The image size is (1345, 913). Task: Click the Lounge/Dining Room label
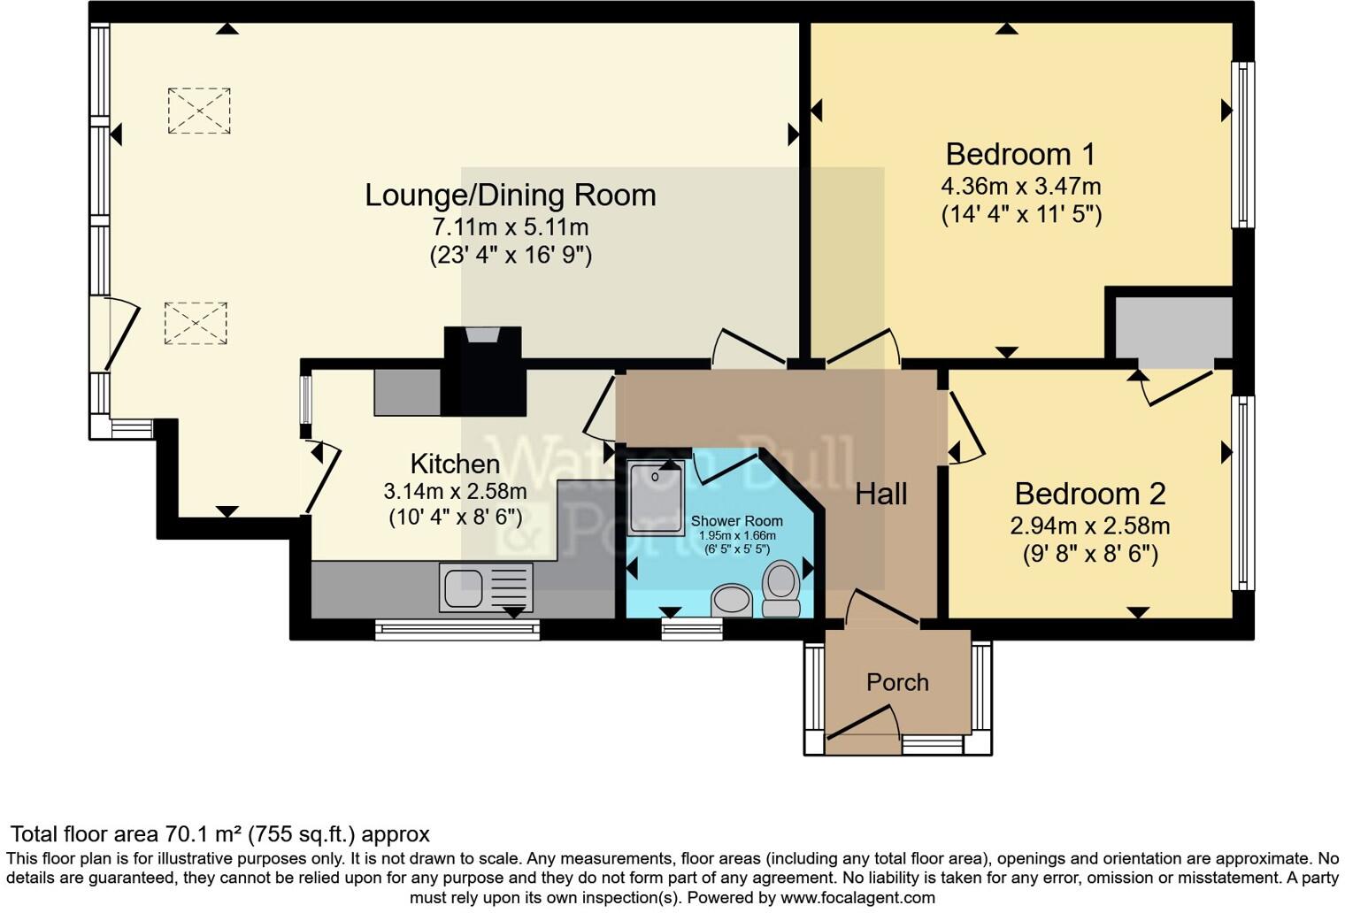511,196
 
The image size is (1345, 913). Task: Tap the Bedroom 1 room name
1020,155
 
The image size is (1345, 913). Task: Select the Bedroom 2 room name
1089,494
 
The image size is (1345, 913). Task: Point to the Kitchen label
455,464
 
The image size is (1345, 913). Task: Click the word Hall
880,494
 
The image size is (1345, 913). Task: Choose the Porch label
897,682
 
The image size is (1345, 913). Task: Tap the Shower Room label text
736,521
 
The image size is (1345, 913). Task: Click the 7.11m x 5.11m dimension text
511,226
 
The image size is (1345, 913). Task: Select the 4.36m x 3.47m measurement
1020,187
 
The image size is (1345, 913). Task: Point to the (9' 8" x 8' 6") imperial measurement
1089,554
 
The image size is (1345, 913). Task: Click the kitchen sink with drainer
486,587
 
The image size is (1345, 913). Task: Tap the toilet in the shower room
781,589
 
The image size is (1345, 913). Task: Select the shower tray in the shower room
655,497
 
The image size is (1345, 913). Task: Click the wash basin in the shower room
732,600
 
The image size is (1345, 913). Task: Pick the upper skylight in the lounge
199,111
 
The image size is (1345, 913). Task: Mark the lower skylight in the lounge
196,323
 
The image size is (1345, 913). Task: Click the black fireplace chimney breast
483,372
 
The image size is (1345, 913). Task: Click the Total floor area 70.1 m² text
219,834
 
